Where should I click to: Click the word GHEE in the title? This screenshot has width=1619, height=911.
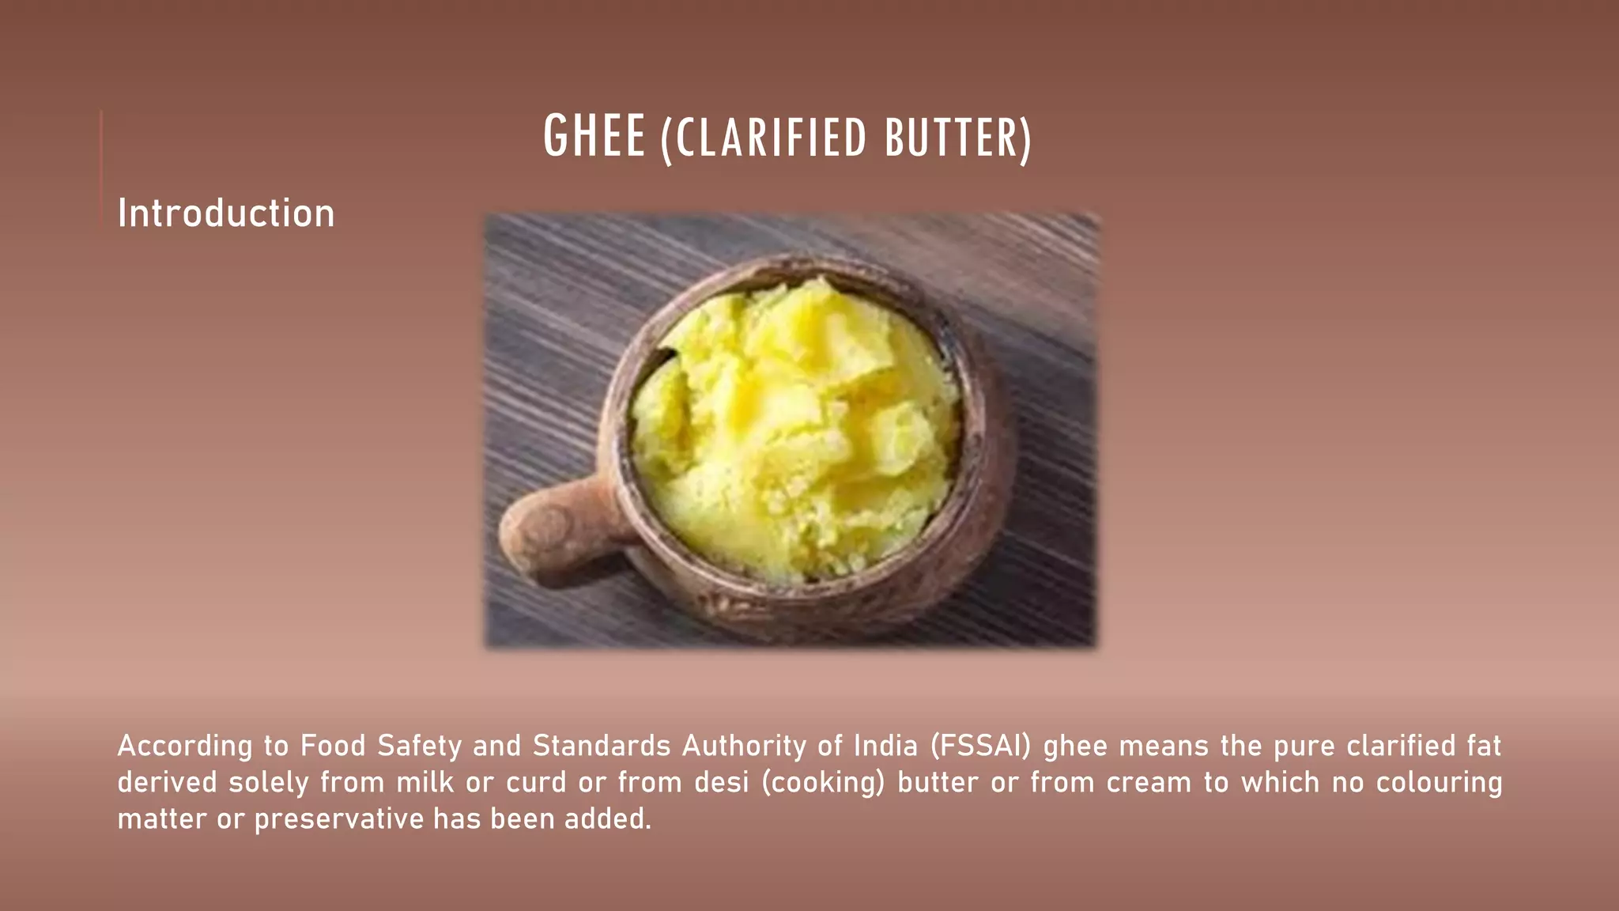pos(594,137)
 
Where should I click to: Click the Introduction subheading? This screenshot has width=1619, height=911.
pos(226,214)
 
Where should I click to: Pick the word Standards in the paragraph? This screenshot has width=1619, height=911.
pos(602,746)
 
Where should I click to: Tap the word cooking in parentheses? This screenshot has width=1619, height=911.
pos(823,782)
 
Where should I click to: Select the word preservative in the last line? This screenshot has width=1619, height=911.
pos(339,819)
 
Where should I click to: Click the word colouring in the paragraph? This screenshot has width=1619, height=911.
pos(1439,782)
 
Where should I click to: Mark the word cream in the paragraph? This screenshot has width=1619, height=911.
pos(1148,782)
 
